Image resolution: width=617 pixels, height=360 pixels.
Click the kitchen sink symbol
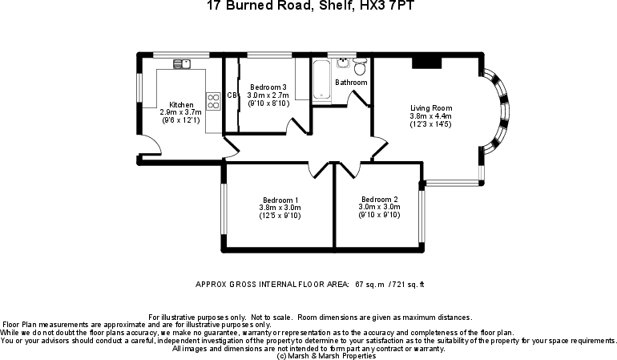point(181,63)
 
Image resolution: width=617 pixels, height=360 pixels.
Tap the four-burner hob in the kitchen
point(215,100)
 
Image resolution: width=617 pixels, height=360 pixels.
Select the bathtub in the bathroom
point(321,80)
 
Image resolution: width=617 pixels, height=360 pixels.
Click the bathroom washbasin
point(343,60)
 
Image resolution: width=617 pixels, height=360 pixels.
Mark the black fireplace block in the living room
point(426,63)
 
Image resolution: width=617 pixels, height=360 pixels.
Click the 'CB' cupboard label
point(232,95)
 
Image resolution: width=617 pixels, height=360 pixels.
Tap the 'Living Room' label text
point(431,108)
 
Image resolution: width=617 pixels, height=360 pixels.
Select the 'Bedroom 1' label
point(280,200)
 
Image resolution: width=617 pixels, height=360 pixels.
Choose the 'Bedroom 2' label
point(379,199)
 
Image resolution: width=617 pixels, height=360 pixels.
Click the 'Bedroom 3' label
point(268,87)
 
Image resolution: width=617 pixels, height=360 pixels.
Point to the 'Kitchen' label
point(180,104)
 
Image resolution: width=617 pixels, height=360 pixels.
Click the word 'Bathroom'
point(351,83)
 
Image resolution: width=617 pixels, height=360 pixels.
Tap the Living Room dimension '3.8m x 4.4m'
point(431,116)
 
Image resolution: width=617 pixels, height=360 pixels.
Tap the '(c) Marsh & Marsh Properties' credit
point(308,355)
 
